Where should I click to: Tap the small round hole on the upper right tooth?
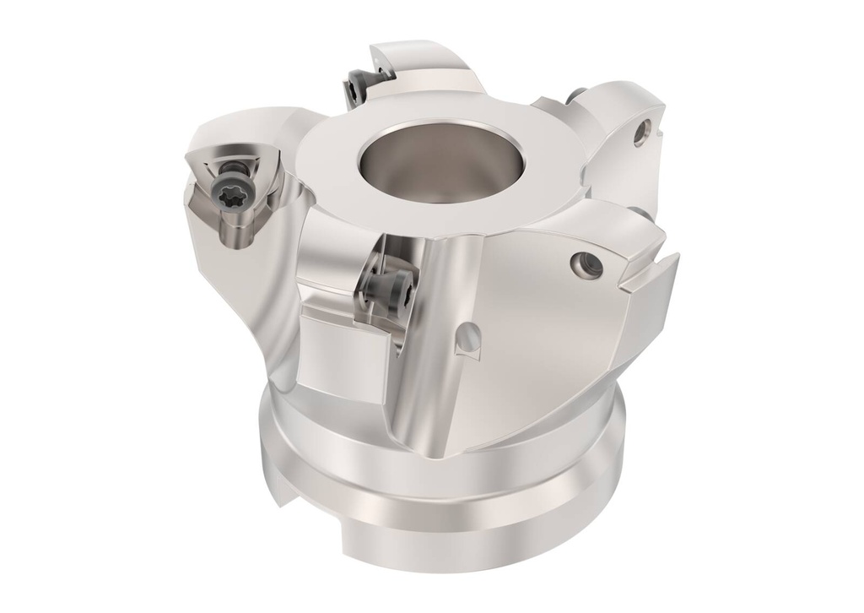tap(645, 128)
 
